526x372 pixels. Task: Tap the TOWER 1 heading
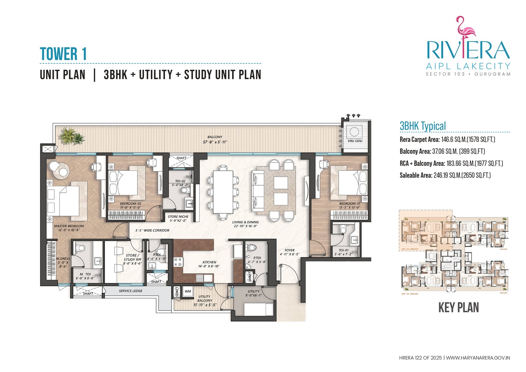[x=63, y=54]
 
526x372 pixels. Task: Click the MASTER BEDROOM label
[x=69, y=228]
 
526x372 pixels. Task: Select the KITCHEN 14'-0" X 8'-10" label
[x=209, y=264]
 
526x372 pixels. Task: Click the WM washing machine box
[x=188, y=291]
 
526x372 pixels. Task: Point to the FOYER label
[x=289, y=252]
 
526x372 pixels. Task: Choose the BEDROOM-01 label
[x=350, y=206]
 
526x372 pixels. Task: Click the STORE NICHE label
[x=178, y=218]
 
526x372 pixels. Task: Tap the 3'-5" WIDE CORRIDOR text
[x=152, y=230]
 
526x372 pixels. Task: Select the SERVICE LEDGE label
[x=131, y=291]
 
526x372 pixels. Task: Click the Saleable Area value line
[x=445, y=175]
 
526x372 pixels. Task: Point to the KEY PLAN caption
[x=458, y=308]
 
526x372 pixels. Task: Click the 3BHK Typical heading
[x=422, y=126]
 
